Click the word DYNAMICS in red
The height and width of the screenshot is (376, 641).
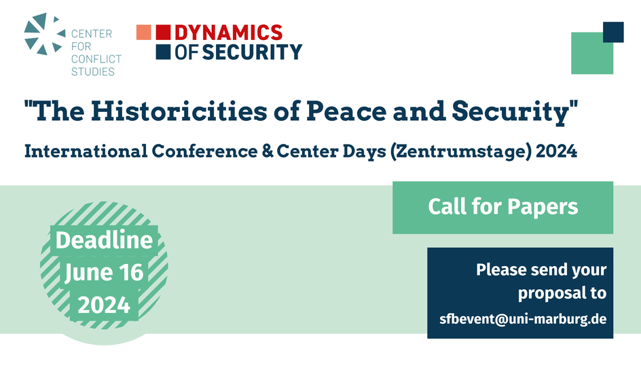pyautogui.click(x=229, y=33)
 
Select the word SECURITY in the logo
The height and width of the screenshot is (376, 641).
pyautogui.click(x=252, y=52)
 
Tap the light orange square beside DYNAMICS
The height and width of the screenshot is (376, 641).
pyautogui.click(x=143, y=33)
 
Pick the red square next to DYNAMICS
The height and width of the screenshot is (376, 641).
pyautogui.click(x=163, y=33)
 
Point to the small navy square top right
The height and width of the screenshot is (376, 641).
pyautogui.click(x=613, y=32)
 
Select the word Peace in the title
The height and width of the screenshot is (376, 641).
pyautogui.click(x=346, y=111)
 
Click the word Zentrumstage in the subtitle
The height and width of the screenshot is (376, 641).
pyautogui.click(x=461, y=151)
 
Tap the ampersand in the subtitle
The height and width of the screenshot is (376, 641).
pyautogui.click(x=268, y=151)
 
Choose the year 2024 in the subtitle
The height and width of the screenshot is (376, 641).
pyautogui.click(x=556, y=151)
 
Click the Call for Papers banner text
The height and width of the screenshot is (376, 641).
pyautogui.click(x=503, y=206)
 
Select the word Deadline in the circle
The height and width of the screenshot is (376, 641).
pyautogui.click(x=105, y=240)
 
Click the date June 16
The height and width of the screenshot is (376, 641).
pyautogui.click(x=105, y=272)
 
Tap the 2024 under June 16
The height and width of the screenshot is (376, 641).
pyautogui.click(x=105, y=305)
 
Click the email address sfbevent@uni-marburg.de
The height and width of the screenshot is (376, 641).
pyautogui.click(x=523, y=319)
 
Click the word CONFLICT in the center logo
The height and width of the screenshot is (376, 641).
pyautogui.click(x=96, y=59)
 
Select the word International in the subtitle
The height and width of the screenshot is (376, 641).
pyautogui.click(x=86, y=151)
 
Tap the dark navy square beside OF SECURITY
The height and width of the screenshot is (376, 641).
pyautogui.click(x=163, y=52)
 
